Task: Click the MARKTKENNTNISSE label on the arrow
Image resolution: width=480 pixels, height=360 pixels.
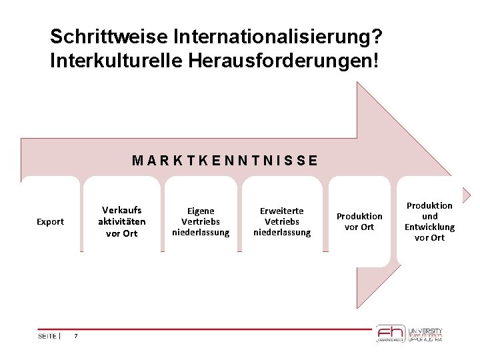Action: (x=225, y=161)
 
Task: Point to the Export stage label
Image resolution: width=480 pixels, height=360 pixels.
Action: (x=50, y=221)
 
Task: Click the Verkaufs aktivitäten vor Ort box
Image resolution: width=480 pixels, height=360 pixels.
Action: (x=121, y=221)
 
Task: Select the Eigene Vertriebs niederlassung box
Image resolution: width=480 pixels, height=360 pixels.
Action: (x=201, y=221)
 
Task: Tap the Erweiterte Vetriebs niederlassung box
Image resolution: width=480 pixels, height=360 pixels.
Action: (x=282, y=221)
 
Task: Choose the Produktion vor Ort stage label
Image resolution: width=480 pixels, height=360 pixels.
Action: (x=359, y=221)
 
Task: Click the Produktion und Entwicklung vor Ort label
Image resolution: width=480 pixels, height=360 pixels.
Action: (x=429, y=221)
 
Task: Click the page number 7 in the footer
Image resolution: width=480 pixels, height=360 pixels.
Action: (x=76, y=336)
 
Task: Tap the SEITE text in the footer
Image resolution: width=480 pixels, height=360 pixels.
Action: (x=47, y=336)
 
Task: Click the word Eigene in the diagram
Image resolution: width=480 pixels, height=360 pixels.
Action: (x=200, y=211)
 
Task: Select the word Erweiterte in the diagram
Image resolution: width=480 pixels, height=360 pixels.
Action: (x=282, y=211)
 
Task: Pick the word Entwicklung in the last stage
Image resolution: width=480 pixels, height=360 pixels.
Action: (x=429, y=227)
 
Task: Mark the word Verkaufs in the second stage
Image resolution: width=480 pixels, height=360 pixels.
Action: (x=121, y=210)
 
